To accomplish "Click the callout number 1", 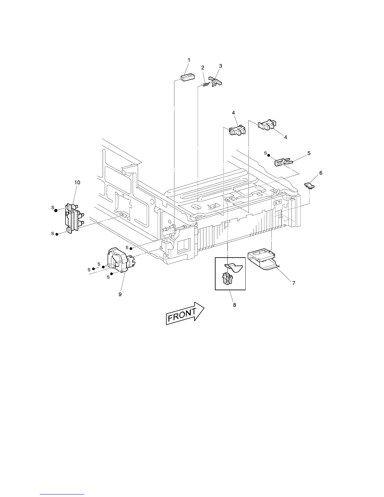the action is point(189,60).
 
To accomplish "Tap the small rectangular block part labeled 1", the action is point(188,77).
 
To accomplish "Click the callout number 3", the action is point(221,66).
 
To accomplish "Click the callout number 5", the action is point(309,153).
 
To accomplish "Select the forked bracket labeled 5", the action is point(283,162).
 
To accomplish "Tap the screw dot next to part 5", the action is point(269,155).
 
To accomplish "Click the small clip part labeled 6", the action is point(310,186).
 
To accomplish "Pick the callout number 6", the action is point(321,173).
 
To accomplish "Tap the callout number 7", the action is point(294,283).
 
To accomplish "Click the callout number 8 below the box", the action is point(235,305).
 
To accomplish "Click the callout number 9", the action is point(120,294).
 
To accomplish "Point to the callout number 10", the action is point(77,182).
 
